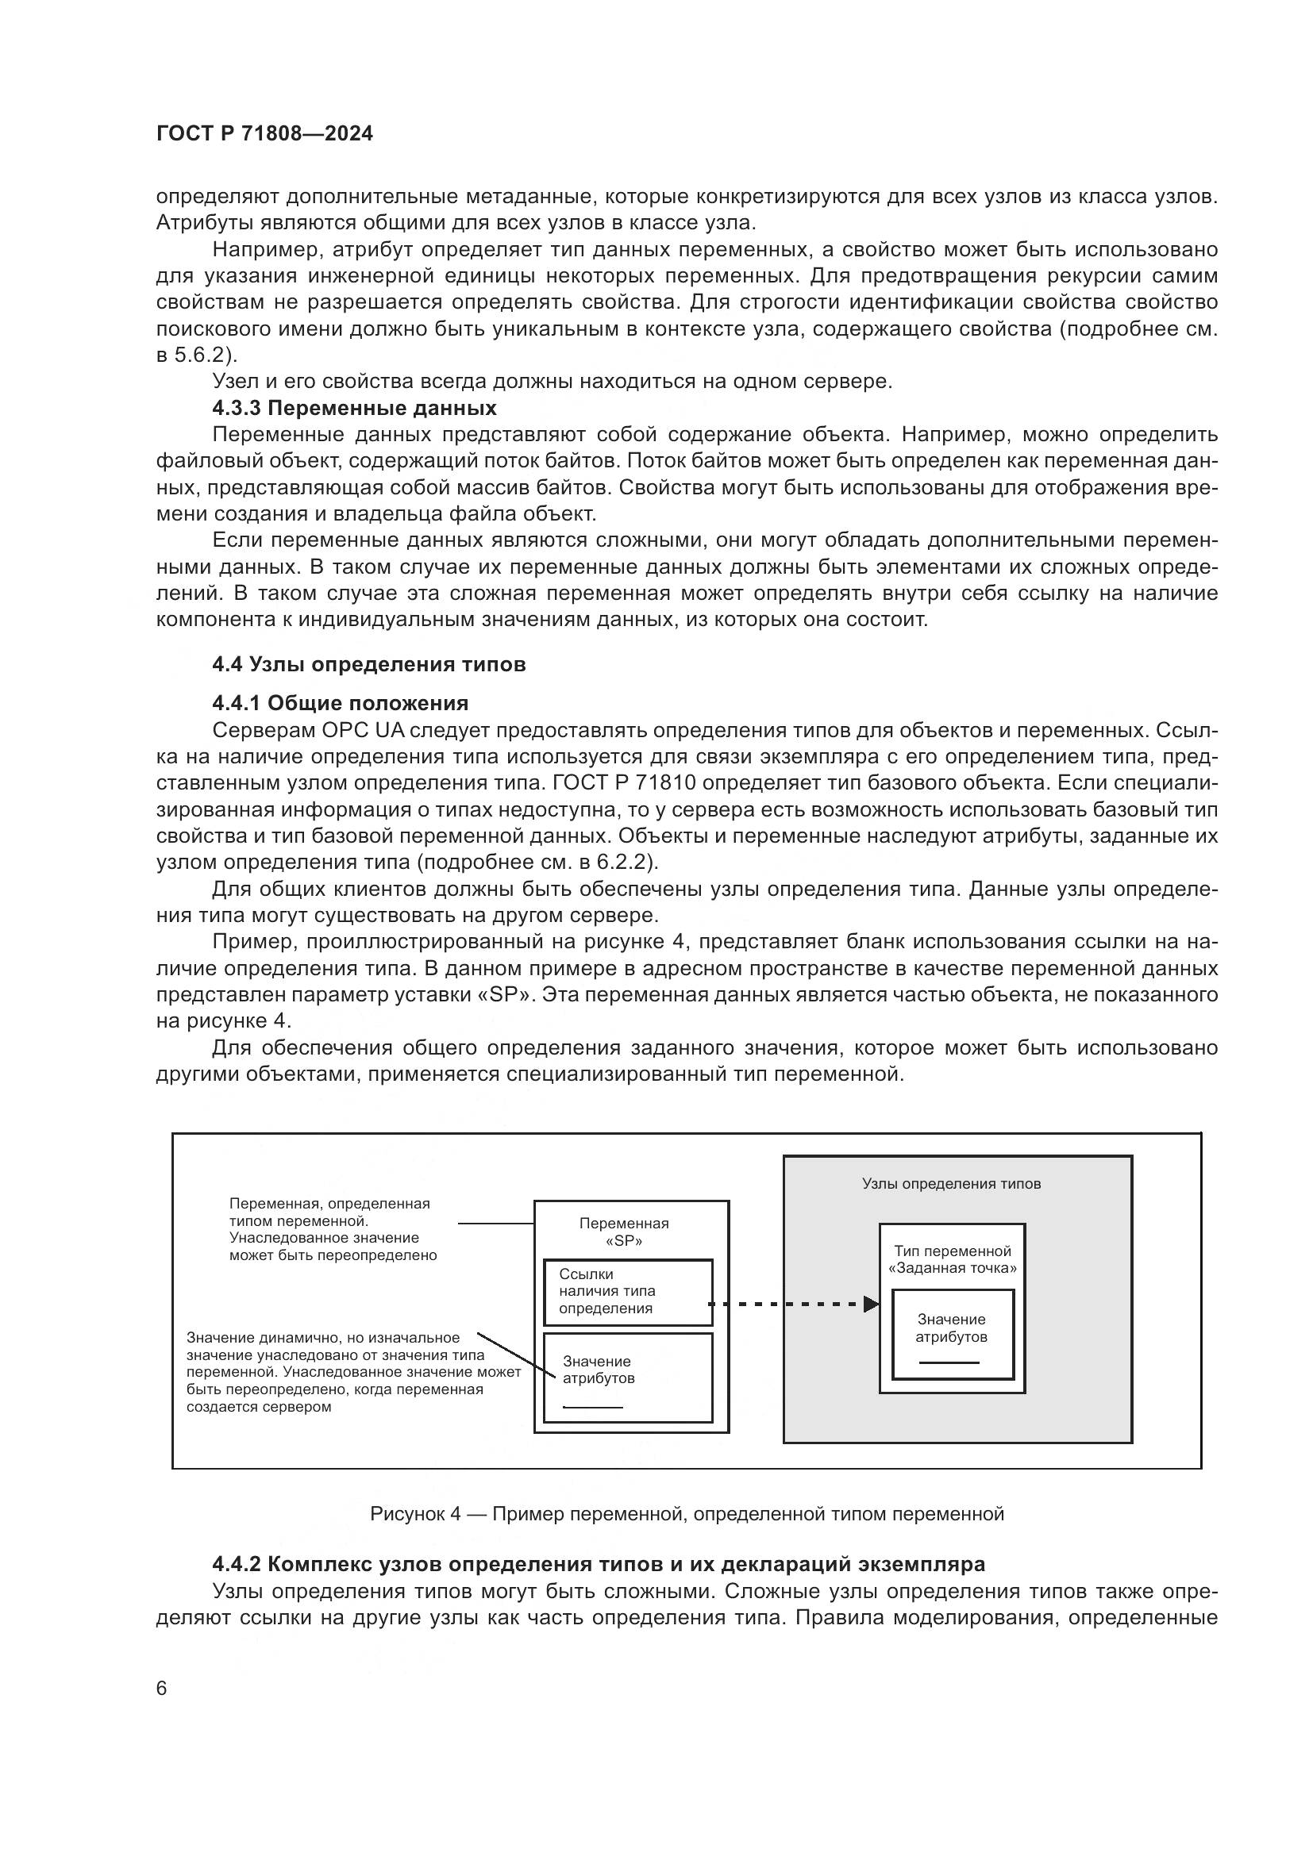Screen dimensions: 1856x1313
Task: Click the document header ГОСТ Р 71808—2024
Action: click(264, 134)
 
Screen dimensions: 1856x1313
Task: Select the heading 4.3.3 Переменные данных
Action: click(354, 407)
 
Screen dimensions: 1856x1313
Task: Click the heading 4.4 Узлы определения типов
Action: click(368, 664)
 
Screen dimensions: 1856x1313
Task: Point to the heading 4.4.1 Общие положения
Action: click(341, 702)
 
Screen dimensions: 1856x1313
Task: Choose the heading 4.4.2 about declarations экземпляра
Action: click(599, 1564)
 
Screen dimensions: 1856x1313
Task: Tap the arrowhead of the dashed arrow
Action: click(871, 1304)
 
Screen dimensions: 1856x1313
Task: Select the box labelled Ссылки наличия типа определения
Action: click(627, 1292)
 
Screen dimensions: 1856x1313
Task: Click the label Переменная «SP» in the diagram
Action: click(623, 1232)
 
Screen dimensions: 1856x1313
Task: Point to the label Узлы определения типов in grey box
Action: click(951, 1183)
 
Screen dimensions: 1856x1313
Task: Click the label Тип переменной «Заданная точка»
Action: click(952, 1259)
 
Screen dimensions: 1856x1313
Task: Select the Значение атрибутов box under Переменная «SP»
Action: click(627, 1378)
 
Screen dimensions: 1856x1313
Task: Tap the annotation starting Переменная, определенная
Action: click(333, 1228)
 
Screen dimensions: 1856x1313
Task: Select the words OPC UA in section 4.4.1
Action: click(364, 730)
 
